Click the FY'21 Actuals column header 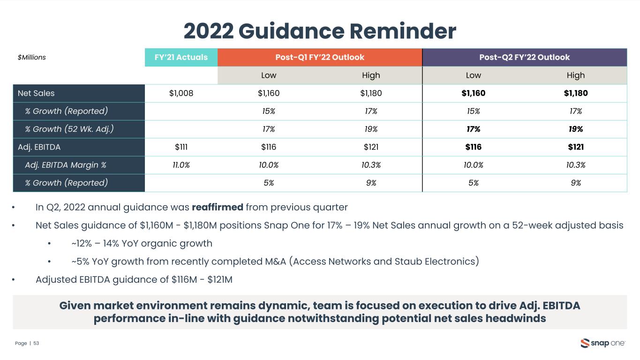tap(181, 57)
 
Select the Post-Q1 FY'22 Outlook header tap(320, 57)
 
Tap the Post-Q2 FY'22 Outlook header tap(524, 57)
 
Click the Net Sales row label tap(36, 93)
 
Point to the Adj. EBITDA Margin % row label tap(66, 165)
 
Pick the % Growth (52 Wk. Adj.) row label tap(69, 129)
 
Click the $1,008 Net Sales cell tap(181, 93)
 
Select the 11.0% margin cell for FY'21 tap(181, 165)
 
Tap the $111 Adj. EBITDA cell tap(181, 147)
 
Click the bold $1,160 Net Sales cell tap(473, 93)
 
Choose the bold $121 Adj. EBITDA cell tap(576, 147)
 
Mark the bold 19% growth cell tap(576, 129)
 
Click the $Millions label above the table tap(32, 58)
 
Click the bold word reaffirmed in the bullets tap(217, 207)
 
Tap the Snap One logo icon tap(585, 343)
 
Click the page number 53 tap(36, 344)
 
